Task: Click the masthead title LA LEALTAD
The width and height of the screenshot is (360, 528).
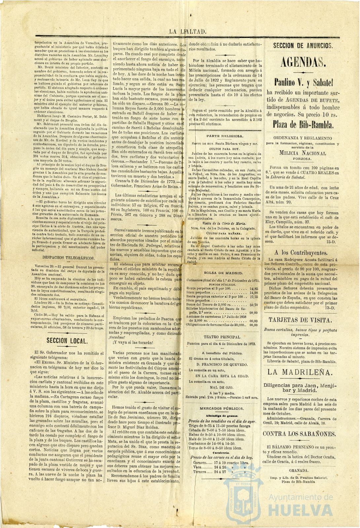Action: tap(188, 32)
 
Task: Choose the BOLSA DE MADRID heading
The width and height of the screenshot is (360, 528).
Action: tap(223, 273)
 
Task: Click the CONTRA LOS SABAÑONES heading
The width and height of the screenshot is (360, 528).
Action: tap(303, 434)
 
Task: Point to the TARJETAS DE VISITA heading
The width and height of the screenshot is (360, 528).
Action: tap(300, 320)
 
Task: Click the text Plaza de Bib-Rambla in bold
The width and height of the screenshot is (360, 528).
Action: tap(303, 124)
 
